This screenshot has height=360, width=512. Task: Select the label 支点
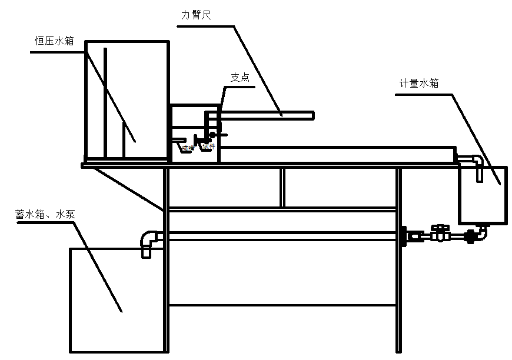point(240,78)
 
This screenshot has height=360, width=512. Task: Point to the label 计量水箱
point(418,84)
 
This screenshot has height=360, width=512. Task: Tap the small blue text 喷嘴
point(188,148)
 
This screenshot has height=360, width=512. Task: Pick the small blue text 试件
point(208,147)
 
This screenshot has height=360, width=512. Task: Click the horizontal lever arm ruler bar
point(265,114)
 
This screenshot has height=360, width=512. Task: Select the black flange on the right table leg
point(404,236)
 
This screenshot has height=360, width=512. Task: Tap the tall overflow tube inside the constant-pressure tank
point(105,103)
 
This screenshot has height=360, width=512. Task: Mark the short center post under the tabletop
point(282,187)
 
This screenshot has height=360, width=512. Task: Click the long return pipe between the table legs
point(277,236)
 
